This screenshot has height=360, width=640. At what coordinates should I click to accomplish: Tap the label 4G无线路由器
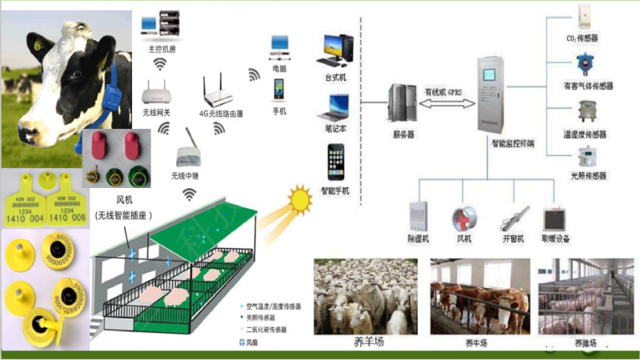click(221, 114)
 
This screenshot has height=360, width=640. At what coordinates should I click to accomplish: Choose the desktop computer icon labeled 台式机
click(337, 50)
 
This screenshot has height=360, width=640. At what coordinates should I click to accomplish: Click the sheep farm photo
click(365, 296)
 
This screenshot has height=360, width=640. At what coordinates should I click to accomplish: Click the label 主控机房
click(161, 49)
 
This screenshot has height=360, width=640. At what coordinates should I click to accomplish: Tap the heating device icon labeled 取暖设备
click(555, 219)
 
